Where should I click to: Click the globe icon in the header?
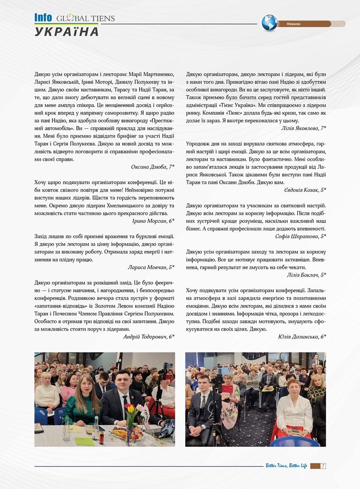coord(269,22)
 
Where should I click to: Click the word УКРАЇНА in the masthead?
coord(67,32)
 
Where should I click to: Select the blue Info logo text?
coord(43,18)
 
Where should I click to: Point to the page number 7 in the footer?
coord(323,466)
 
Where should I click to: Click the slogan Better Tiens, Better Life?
coord(286,466)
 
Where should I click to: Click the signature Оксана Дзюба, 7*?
coord(152,167)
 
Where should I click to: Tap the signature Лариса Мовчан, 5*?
coord(151,267)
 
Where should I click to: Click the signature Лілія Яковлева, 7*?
coord(303,128)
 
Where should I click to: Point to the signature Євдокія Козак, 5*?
coord(304,190)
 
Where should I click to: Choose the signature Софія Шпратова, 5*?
coord(301,236)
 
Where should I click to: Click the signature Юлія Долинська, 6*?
coord(302,337)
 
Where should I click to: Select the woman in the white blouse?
coord(294,408)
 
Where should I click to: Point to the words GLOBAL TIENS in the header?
coord(85,19)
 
